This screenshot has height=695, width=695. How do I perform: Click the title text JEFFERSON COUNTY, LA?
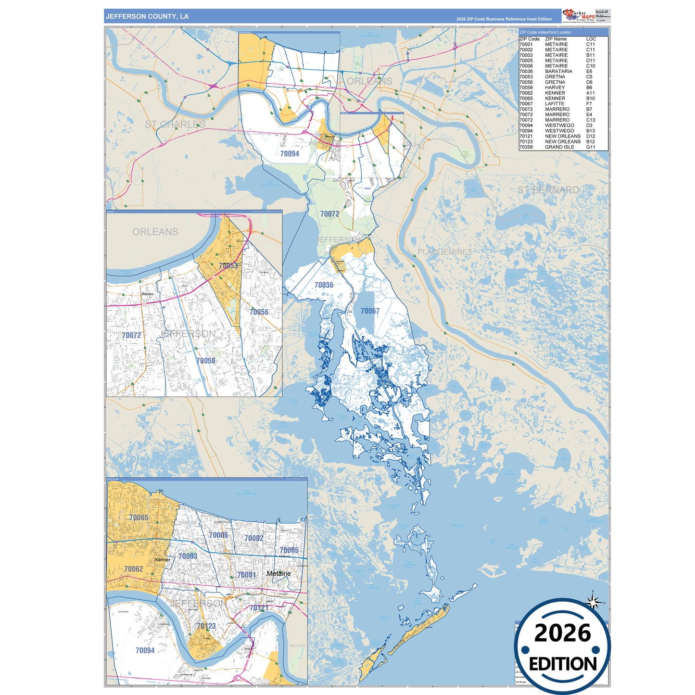tap(147, 16)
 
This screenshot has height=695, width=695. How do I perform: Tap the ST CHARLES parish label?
tap(175, 125)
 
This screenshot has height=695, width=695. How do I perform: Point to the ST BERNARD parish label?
tap(548, 190)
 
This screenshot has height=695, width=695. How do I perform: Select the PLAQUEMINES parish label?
tap(444, 252)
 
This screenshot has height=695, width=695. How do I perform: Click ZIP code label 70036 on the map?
tap(324, 285)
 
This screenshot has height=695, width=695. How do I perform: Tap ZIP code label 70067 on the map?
tap(370, 311)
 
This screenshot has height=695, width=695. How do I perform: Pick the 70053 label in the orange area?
tap(228, 266)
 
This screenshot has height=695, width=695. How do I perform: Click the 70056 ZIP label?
tap(259, 312)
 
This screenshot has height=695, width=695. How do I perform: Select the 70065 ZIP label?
tap(139, 518)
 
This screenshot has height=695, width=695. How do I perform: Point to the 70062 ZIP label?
tap(133, 569)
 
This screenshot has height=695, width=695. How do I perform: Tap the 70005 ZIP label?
tap(289, 550)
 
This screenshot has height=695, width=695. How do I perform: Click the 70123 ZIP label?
tap(206, 626)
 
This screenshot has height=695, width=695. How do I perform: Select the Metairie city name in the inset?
tap(278, 574)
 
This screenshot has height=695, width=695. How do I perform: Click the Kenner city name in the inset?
tap(163, 560)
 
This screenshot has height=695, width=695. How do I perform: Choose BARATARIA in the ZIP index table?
tap(558, 71)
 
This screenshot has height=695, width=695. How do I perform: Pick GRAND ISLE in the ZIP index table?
tap(559, 147)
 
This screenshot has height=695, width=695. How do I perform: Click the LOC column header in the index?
tap(591, 39)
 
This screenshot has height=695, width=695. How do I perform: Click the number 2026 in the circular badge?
tap(562, 633)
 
